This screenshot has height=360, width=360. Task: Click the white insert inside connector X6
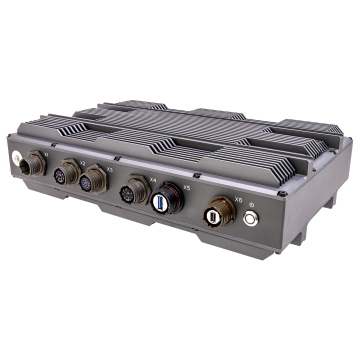point(212,215)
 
